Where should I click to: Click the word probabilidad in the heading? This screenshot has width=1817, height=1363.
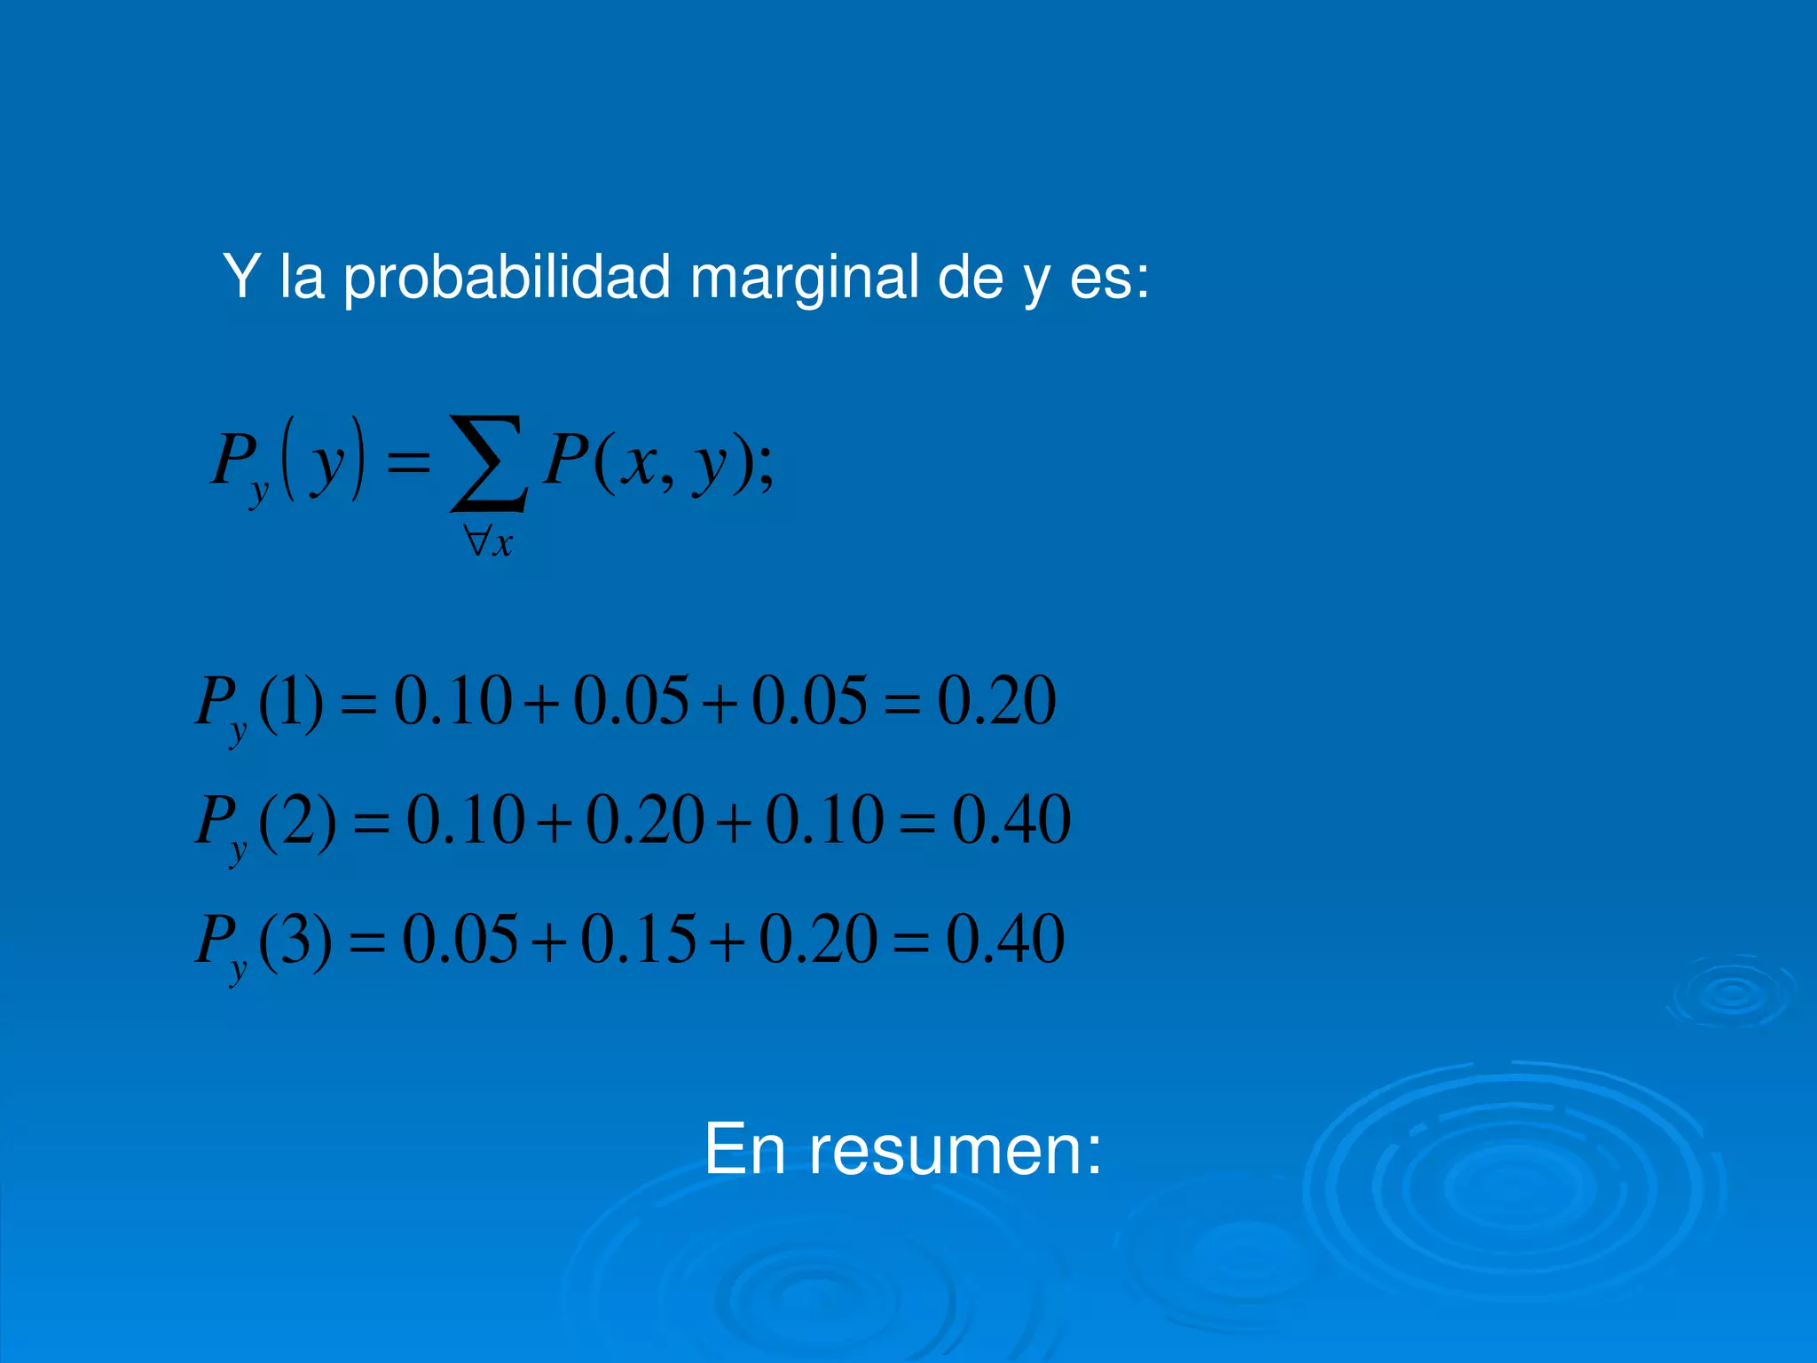coord(506,278)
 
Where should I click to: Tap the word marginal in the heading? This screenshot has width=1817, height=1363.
coord(804,278)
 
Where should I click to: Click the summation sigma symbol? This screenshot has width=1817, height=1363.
coord(489,463)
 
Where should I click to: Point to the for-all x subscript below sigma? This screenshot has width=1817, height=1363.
coord(489,540)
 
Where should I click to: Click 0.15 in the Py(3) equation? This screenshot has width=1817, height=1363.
coord(638,939)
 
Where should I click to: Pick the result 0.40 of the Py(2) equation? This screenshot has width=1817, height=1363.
coord(1011,820)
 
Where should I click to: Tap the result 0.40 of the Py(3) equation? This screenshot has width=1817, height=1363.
coord(1005,939)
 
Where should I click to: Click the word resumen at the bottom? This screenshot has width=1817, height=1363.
coord(955,1149)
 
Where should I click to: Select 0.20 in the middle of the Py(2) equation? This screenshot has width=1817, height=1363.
coord(645,820)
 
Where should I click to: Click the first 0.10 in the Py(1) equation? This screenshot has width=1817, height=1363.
coord(452,701)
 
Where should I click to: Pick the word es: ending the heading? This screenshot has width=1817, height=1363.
coord(1109,278)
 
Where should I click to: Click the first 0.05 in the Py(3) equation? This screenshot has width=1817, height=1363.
coord(460,939)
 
